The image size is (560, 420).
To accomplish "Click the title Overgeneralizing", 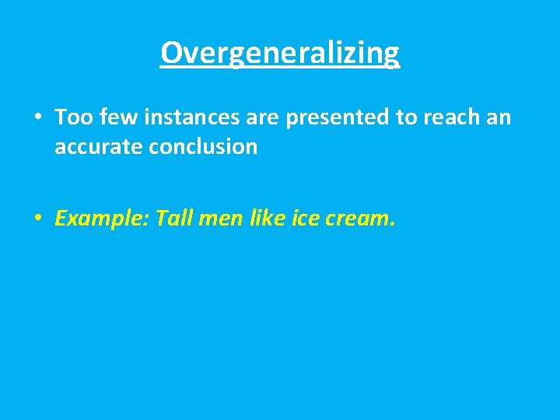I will (280, 53).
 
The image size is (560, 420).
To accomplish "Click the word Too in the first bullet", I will (72, 117).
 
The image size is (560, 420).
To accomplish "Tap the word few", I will (112, 117).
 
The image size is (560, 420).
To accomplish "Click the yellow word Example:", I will (102, 219).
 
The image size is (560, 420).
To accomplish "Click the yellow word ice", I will (306, 219).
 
